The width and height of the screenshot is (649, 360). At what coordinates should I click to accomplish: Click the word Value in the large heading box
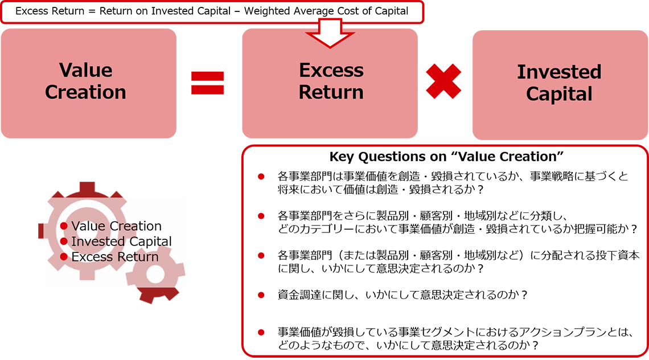coord(85,71)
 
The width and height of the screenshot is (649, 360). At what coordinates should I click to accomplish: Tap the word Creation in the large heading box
coord(85,92)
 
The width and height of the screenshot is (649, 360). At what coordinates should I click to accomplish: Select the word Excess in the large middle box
coord(331,71)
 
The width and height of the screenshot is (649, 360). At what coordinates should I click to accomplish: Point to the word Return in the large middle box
coord(331,92)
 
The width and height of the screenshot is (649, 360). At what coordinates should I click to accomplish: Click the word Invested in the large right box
coord(559,72)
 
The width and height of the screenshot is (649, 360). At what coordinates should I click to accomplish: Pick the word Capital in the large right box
coord(559,94)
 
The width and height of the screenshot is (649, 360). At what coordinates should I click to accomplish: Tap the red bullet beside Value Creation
coord(64,226)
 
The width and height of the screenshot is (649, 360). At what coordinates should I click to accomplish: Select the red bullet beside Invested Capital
coord(64,242)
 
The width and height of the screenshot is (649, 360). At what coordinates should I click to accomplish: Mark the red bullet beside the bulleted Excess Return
coord(64,257)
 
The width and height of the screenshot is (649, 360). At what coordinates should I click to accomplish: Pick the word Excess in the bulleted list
coord(91,257)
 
